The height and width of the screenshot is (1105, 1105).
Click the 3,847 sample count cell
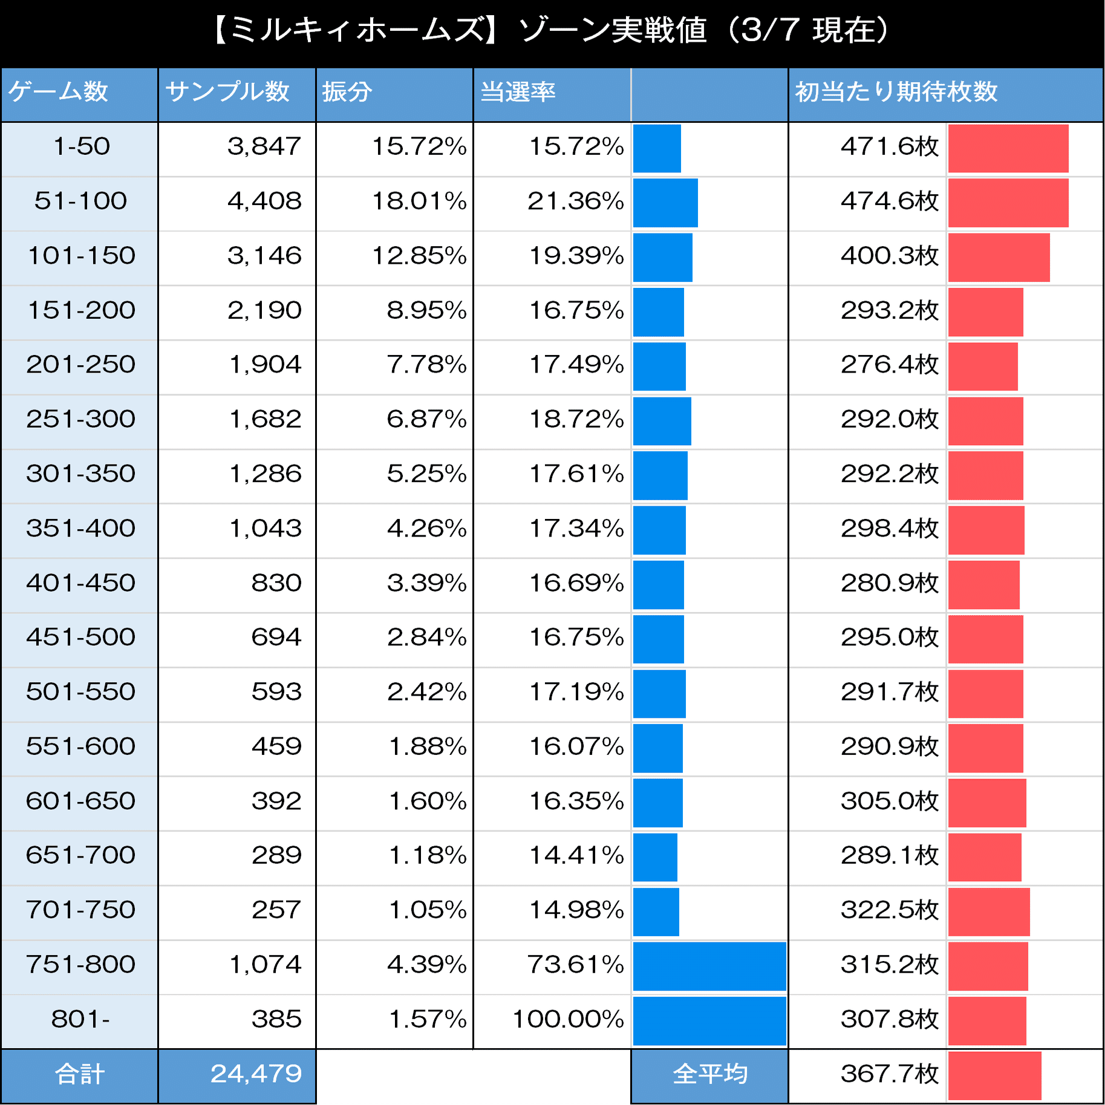click(x=264, y=146)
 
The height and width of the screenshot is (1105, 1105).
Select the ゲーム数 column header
click(x=58, y=92)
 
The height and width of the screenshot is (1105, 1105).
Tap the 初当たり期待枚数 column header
click(x=896, y=92)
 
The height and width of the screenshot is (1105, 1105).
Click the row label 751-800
click(x=80, y=964)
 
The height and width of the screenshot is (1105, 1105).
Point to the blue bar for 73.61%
click(x=709, y=966)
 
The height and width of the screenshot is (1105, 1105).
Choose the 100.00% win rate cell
click(x=567, y=1019)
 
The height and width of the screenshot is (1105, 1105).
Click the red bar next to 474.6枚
click(x=1008, y=203)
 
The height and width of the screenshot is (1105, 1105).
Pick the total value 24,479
click(x=256, y=1074)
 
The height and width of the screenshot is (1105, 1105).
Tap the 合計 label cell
click(x=80, y=1074)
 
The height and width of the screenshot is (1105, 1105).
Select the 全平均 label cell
click(x=709, y=1074)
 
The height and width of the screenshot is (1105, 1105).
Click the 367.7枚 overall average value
click(x=889, y=1074)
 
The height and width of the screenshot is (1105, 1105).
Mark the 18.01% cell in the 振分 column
click(x=419, y=201)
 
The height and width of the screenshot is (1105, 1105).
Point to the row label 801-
click(x=80, y=1019)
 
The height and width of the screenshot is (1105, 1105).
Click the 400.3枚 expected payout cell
click(x=889, y=255)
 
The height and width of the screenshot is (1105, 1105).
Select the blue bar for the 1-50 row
click(x=657, y=148)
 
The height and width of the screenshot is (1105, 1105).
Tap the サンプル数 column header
click(x=227, y=92)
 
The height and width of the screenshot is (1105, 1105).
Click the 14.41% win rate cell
click(x=576, y=855)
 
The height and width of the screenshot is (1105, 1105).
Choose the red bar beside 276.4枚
click(x=983, y=367)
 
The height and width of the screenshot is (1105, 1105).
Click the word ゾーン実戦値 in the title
click(x=612, y=30)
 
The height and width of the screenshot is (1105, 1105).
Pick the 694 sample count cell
click(x=276, y=637)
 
